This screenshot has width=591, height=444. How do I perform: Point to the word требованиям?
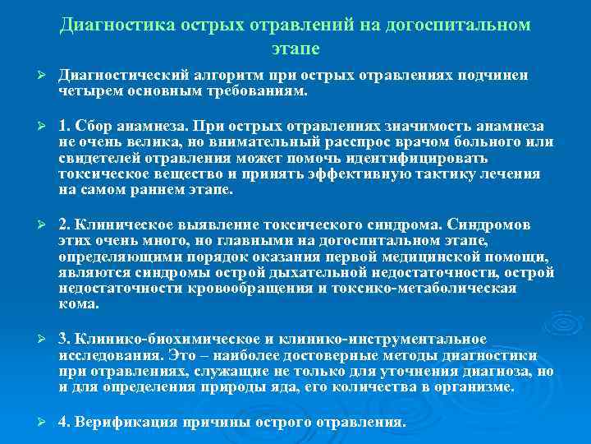[260, 90]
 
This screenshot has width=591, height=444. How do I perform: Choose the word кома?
[78, 303]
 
